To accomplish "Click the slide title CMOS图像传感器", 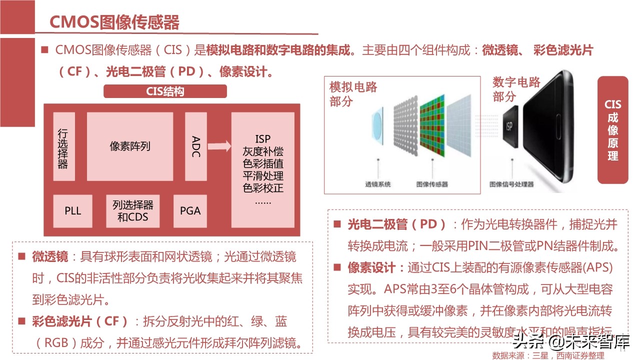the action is click(114, 22).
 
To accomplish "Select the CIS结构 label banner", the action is click(165, 91).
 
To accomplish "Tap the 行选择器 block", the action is click(63, 146).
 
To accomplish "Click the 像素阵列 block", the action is click(130, 146).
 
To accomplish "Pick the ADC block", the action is click(195, 146).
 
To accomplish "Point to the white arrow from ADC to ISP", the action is click(219, 146).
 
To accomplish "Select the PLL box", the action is click(72, 211).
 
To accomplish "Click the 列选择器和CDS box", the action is click(133, 211).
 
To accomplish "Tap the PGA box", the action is click(190, 211).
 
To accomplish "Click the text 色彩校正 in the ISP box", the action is click(263, 188).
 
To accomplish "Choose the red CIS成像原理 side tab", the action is click(612, 130).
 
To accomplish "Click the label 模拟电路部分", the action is click(353, 94).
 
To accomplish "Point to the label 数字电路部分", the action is click(516, 89).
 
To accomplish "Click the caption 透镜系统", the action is click(377, 184).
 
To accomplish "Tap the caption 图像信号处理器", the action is click(511, 184).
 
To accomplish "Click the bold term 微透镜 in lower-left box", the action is click(50, 257).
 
